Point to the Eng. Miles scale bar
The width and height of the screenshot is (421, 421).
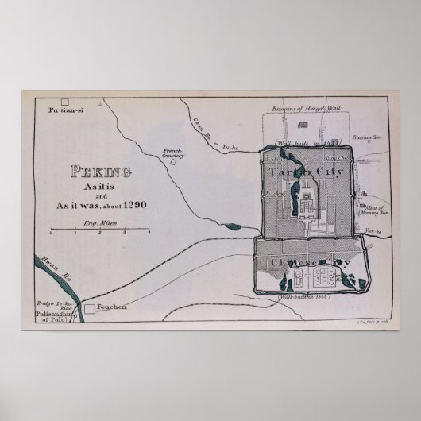pos(100,231)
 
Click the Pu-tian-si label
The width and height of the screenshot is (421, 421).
pos(65,111)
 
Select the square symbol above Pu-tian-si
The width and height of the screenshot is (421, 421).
pos(66,102)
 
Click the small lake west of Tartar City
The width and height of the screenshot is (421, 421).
pos(234,227)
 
